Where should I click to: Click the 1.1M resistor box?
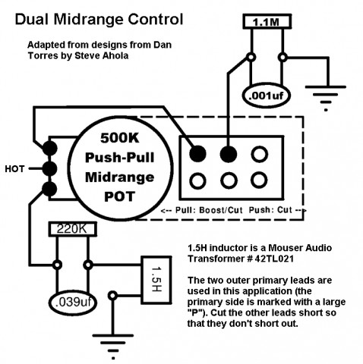pos(267,22)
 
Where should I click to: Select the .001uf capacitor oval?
pos(266,96)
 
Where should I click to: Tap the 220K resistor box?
pos(72,229)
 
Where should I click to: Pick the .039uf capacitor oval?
pos(73,303)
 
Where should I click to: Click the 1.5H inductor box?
pos(156,279)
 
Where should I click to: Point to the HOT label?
pos(14,169)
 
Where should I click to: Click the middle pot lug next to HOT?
pos(49,168)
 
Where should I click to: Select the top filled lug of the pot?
pos(49,148)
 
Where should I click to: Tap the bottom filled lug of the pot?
pos(49,189)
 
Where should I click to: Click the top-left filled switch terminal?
pos(198,154)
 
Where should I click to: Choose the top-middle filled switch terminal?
pos(229,154)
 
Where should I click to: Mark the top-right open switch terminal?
pos(260,154)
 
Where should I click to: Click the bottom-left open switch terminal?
pos(197,180)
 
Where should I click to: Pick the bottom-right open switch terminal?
pos(259,180)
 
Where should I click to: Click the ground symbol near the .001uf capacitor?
pos(326,98)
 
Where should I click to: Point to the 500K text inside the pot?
pos(120,138)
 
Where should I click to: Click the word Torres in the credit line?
pos(43,55)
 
